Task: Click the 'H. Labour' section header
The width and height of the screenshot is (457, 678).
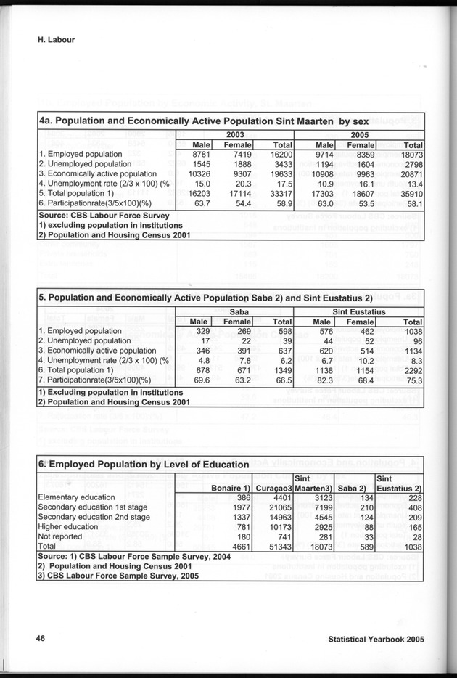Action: click(57, 41)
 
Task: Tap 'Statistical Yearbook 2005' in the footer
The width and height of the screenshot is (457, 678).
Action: click(376, 640)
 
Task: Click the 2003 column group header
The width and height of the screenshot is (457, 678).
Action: click(236, 135)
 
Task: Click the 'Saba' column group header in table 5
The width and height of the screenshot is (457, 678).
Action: click(235, 311)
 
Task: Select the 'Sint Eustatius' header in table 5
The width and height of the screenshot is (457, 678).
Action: click(359, 311)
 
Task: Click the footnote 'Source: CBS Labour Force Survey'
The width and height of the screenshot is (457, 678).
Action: click(103, 215)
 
